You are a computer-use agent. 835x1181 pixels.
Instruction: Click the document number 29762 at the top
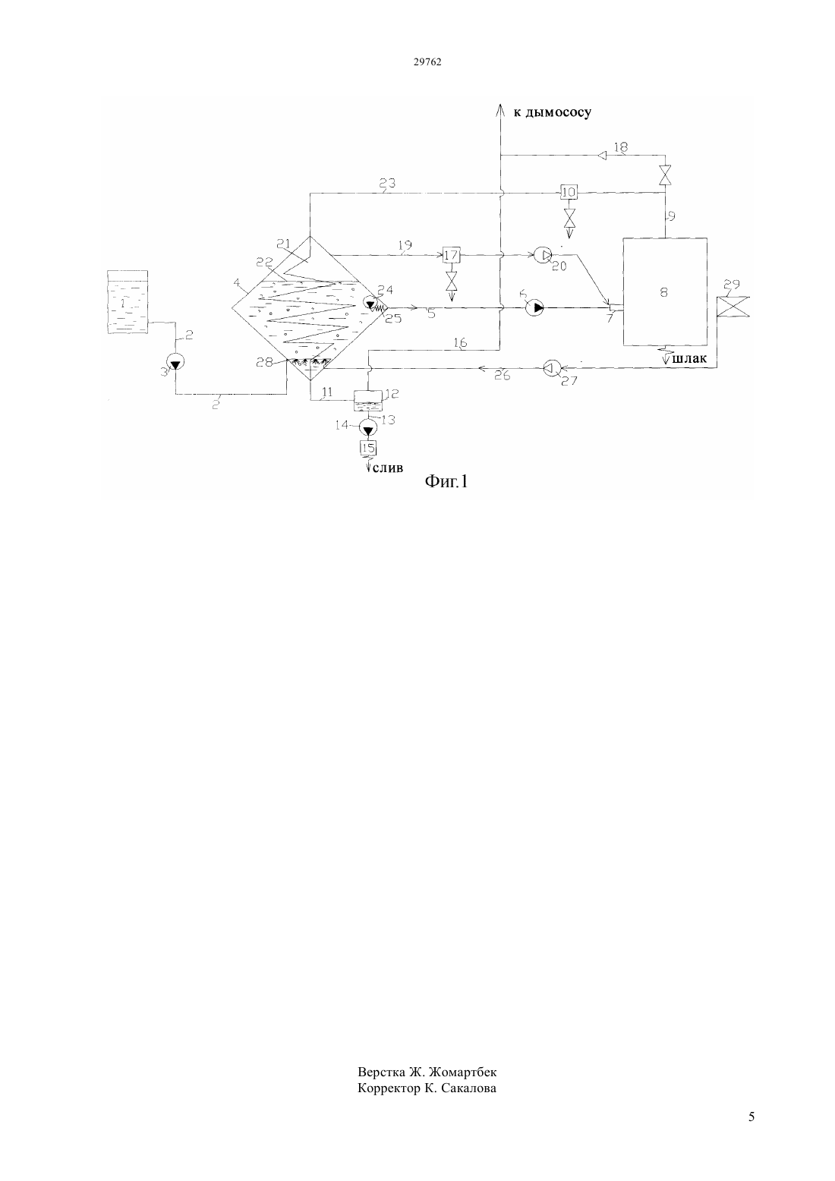coord(427,61)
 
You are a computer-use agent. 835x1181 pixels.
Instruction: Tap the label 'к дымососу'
coord(552,112)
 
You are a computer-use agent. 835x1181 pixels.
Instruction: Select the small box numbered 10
coord(569,193)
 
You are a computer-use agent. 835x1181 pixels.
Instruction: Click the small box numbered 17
coord(451,256)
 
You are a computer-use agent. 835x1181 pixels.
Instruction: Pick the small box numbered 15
coord(368,448)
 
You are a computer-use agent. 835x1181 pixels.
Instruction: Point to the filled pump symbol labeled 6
coord(534,307)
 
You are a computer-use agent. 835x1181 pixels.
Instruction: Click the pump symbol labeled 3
coord(175,362)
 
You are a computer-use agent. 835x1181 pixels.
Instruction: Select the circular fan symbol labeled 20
coord(543,256)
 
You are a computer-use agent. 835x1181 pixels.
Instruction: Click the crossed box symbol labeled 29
coord(733,307)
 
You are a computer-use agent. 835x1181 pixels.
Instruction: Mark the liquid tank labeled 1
coord(128,301)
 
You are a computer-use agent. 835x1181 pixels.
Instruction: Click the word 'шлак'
coord(689,359)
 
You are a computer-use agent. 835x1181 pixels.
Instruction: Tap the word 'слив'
coord(388,468)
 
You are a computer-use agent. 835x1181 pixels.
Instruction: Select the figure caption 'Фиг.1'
coord(446,481)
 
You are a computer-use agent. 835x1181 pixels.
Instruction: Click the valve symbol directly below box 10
coord(569,216)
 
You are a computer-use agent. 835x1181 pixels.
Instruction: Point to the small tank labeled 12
coord(368,401)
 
